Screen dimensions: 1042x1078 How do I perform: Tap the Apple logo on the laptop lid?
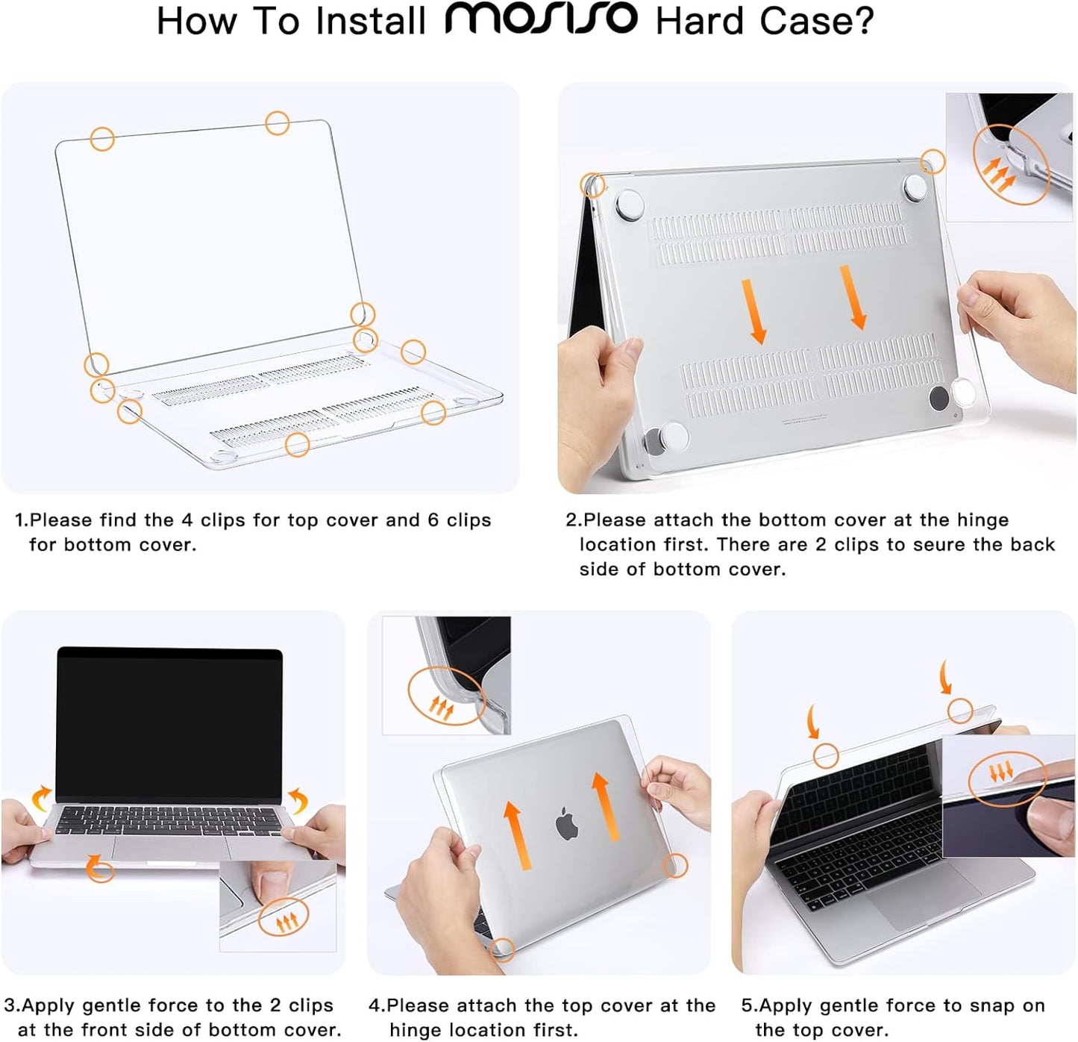(x=567, y=823)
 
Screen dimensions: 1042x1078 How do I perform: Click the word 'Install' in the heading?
(x=370, y=21)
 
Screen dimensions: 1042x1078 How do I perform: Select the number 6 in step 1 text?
(x=433, y=520)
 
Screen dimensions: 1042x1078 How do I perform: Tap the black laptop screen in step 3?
(x=170, y=724)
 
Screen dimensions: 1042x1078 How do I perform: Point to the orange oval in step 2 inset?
(x=1010, y=165)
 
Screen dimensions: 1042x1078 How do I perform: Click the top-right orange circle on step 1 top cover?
(x=278, y=122)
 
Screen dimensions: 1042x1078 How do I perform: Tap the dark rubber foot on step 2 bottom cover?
(x=938, y=398)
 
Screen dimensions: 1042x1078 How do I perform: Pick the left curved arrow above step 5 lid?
(x=813, y=723)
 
